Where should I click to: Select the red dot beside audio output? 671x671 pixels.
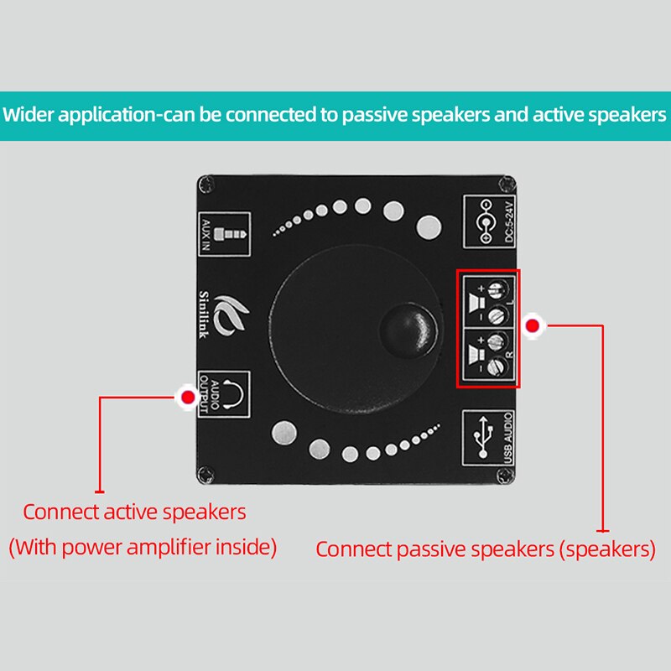coord(188,396)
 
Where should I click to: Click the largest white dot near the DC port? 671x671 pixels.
coord(429,226)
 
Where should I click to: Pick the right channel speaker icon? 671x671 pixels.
coord(475,354)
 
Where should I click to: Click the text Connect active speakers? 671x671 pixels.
coord(134,512)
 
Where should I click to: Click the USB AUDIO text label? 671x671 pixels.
coord(507,436)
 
